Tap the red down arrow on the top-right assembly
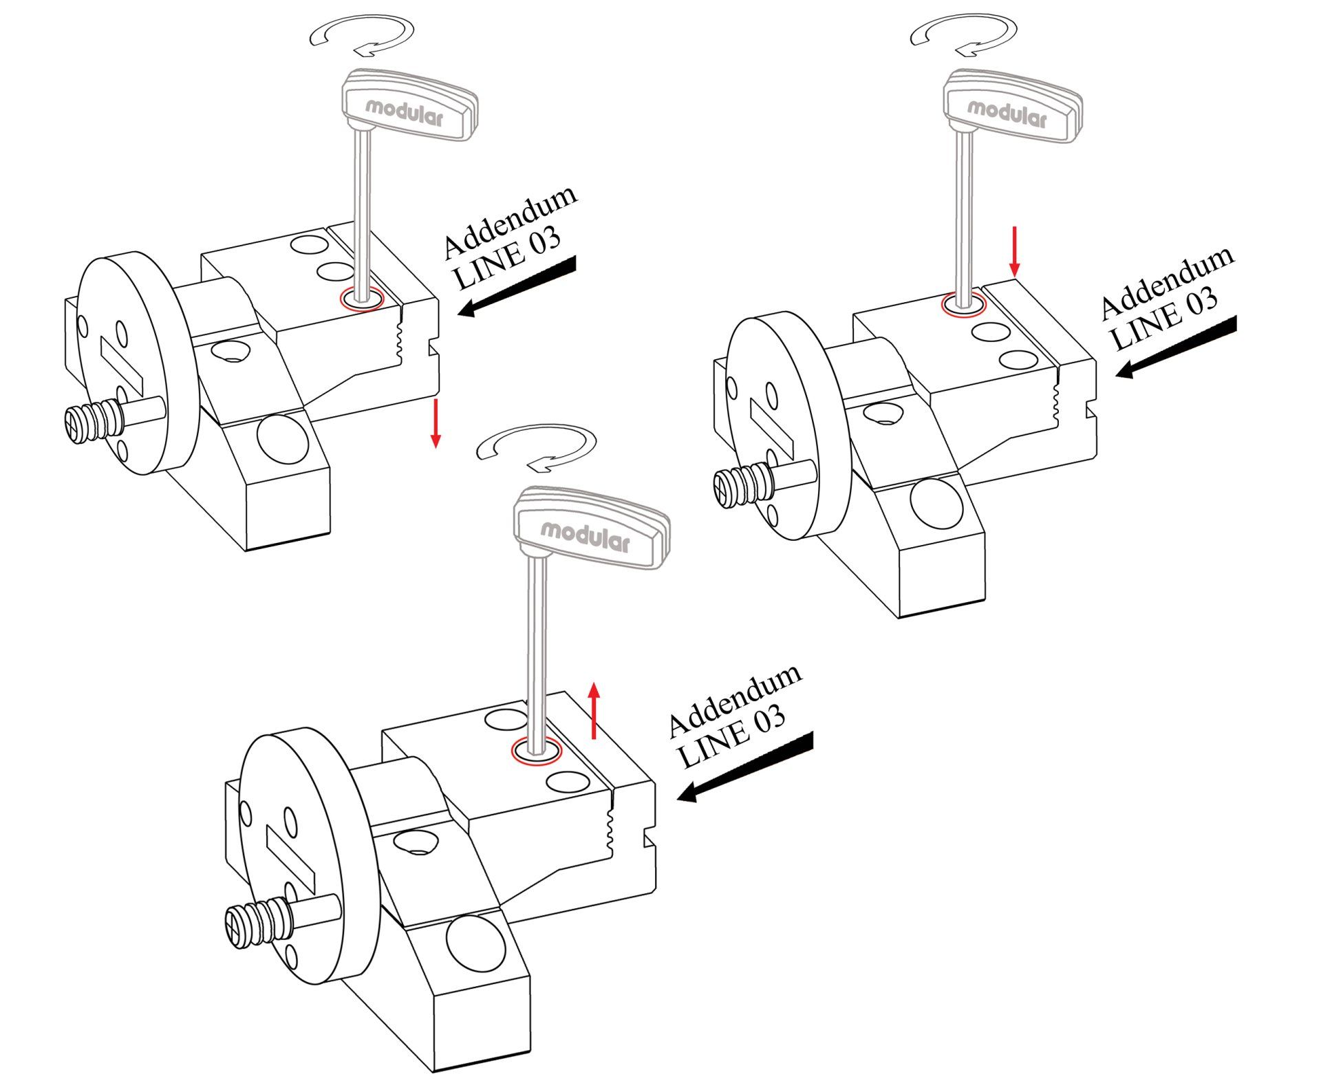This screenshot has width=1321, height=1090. (x=1013, y=251)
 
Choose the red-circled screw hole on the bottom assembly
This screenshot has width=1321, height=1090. (x=536, y=751)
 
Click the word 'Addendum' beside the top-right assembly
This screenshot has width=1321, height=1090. (x=1166, y=282)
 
